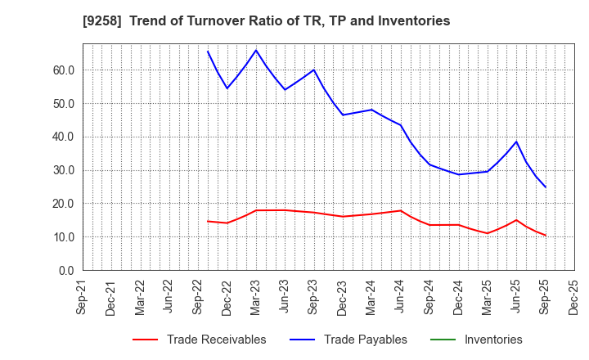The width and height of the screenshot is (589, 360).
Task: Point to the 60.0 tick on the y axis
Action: point(63,70)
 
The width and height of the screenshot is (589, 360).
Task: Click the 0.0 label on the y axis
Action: point(66,271)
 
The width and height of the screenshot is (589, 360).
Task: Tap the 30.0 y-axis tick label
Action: point(63,170)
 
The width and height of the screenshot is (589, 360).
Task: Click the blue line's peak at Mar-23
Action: point(256,50)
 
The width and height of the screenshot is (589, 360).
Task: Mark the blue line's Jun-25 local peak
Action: point(516,142)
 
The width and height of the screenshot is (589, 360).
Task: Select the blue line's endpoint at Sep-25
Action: point(546,187)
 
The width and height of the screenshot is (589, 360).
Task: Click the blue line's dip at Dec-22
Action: point(227,88)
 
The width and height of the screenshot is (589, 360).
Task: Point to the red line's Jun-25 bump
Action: point(516,219)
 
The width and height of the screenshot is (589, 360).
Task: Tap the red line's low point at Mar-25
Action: point(488,233)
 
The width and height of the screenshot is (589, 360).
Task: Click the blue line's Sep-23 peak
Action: point(314,70)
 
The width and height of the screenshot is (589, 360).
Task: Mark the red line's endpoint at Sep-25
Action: point(546,236)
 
